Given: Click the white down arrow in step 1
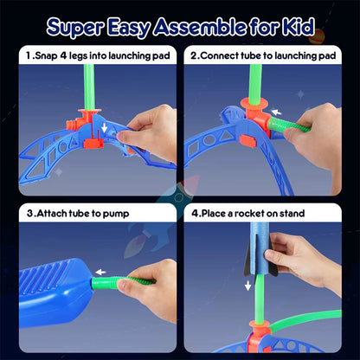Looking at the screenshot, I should (105, 129).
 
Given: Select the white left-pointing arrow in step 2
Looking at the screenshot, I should (275, 112).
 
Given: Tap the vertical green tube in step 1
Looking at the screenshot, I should (86, 82).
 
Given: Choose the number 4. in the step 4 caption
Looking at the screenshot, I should (196, 213).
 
